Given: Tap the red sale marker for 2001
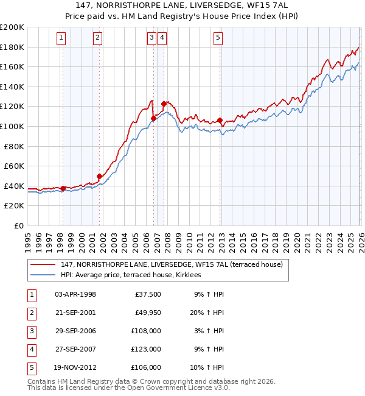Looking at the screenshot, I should pyautogui.click(x=99, y=177).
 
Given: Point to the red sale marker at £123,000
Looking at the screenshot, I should pyautogui.click(x=164, y=104).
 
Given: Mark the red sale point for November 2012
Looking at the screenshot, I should pyautogui.click(x=220, y=120).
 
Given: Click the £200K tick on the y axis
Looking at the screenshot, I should pyautogui.click(x=12, y=27).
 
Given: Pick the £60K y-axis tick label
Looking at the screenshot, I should pyautogui.click(x=13, y=166).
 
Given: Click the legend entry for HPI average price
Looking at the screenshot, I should pyautogui.click(x=135, y=275).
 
